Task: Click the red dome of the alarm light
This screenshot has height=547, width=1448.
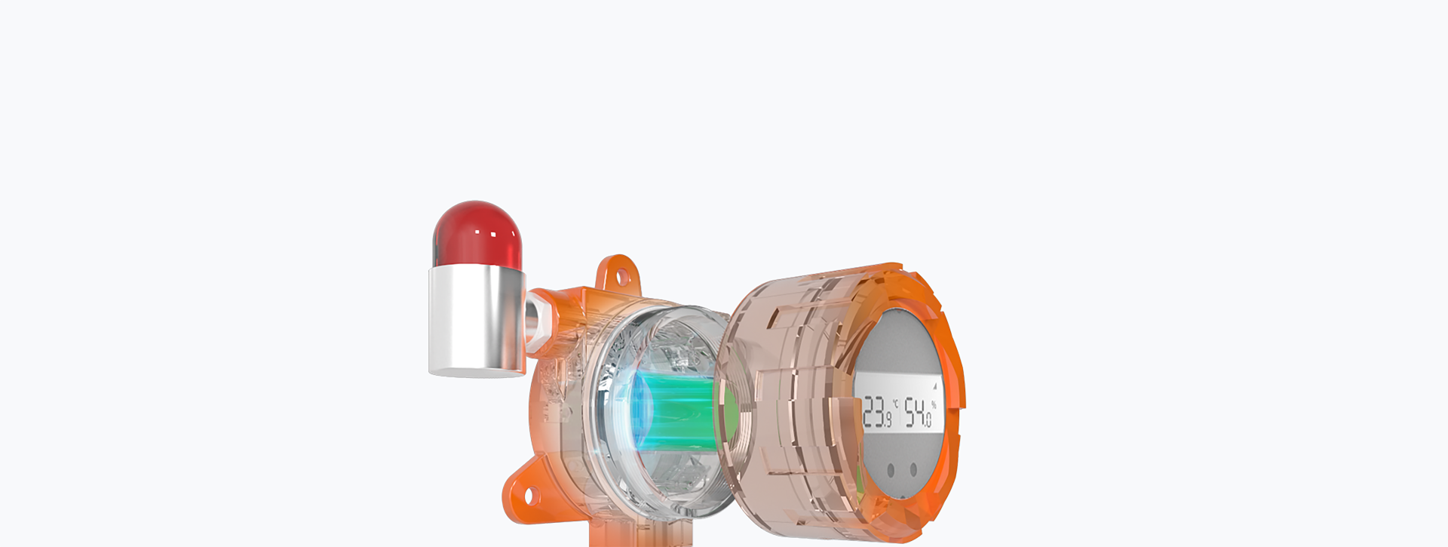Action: tap(477, 234)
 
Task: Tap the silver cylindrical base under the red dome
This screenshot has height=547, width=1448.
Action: tap(477, 321)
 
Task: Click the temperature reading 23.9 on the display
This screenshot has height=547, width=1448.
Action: tap(877, 413)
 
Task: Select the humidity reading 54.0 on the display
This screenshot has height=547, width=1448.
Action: tap(919, 413)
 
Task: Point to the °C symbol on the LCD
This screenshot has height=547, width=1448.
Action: tap(895, 403)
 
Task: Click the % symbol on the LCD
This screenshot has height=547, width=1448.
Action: tap(934, 405)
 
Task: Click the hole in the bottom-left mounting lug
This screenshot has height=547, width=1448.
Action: tap(529, 496)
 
